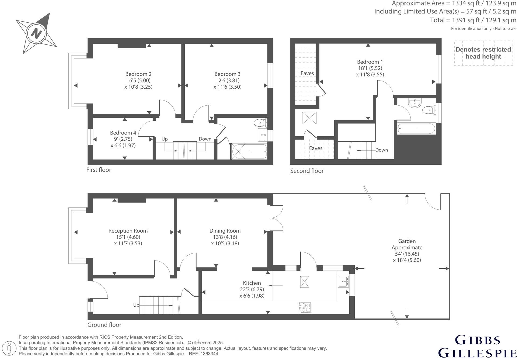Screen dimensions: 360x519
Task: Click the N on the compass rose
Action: point(36,33)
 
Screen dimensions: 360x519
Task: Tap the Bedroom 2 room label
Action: point(138,74)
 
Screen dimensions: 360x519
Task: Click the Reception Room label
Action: point(128,231)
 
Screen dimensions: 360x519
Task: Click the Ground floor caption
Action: point(105,325)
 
